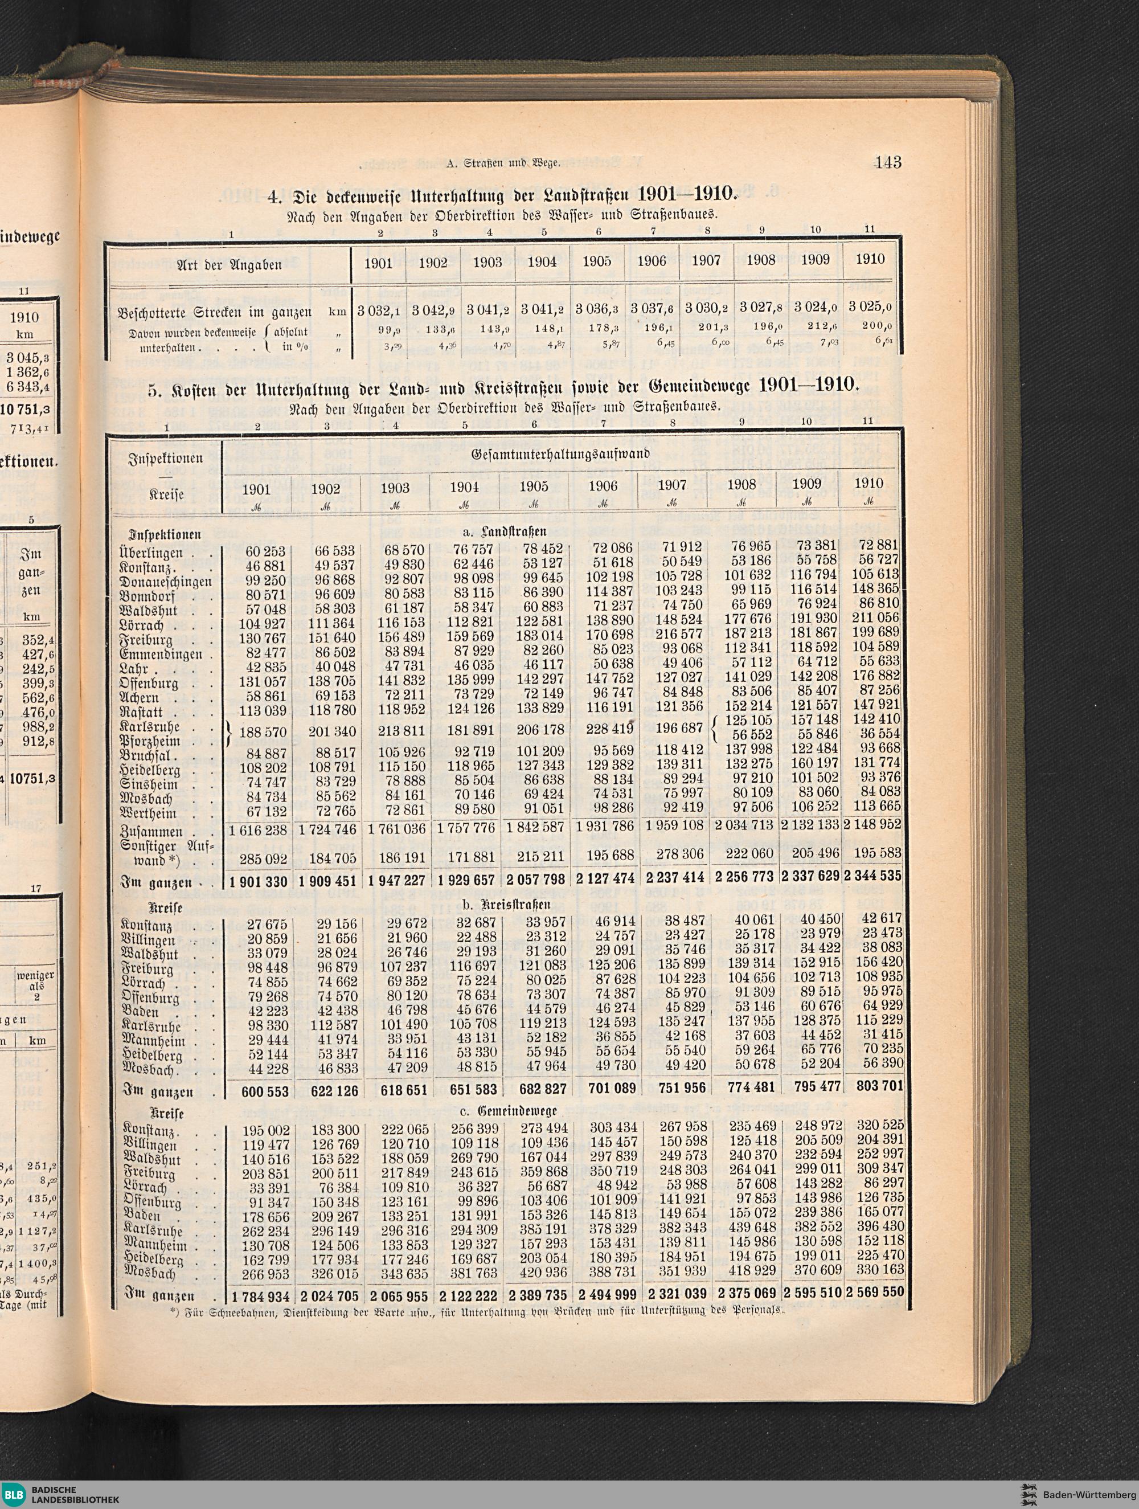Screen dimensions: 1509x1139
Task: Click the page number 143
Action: pos(888,163)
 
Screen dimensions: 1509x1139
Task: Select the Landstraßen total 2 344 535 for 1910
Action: pos(873,876)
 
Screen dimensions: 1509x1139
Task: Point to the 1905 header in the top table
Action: pos(596,262)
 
